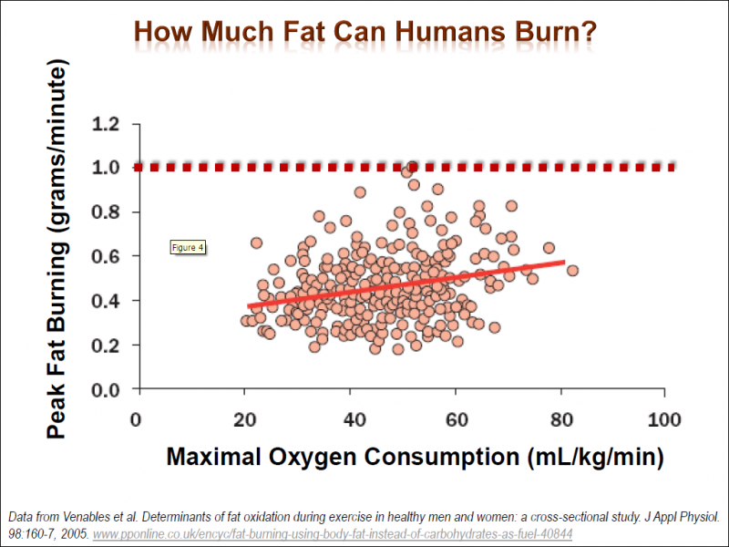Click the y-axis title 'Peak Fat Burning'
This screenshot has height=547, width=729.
coord(56,251)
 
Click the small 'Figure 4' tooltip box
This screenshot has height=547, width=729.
coord(189,247)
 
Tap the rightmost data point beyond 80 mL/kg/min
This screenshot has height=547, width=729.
coord(572,270)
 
